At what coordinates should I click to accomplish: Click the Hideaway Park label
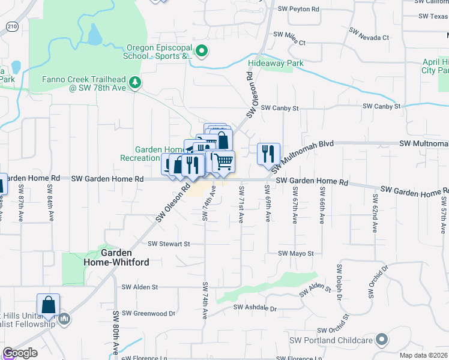click(x=276, y=63)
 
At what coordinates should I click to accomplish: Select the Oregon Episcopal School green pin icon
click(x=202, y=52)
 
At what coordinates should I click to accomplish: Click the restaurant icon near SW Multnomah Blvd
click(x=268, y=154)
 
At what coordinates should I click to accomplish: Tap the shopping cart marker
click(x=223, y=161)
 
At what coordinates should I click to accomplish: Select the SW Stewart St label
click(x=169, y=244)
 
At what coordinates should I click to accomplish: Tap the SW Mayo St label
click(x=296, y=254)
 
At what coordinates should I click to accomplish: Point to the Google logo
click(x=20, y=353)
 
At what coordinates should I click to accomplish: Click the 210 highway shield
click(x=13, y=26)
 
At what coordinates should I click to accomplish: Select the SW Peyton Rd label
click(x=299, y=9)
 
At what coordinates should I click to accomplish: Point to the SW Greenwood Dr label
click(x=148, y=313)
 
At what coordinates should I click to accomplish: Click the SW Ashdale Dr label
click(x=255, y=308)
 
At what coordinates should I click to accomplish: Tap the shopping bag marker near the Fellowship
click(x=48, y=304)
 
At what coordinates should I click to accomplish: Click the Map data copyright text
click(x=424, y=355)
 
